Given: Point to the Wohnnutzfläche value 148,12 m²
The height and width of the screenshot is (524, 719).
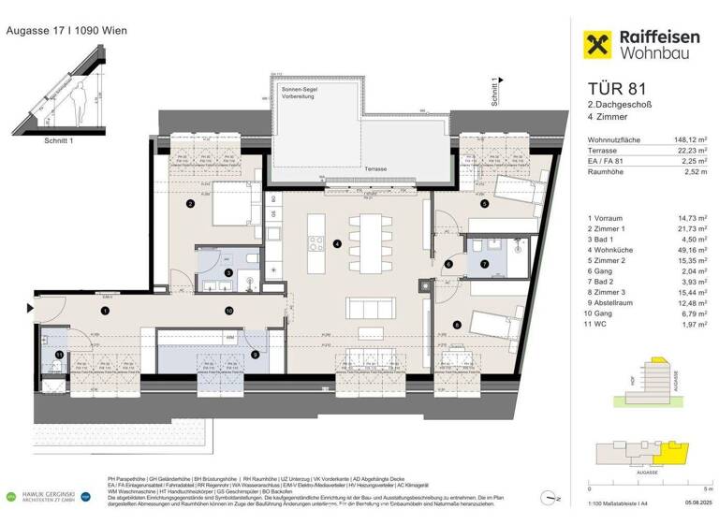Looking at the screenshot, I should click(x=695, y=138).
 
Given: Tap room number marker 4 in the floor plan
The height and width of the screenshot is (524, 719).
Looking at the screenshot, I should click(x=335, y=245).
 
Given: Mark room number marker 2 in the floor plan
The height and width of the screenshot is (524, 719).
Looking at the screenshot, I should click(x=189, y=203).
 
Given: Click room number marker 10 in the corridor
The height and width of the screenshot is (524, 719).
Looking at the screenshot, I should click(x=227, y=310).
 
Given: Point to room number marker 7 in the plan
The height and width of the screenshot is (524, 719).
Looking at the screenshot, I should click(x=484, y=264).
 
